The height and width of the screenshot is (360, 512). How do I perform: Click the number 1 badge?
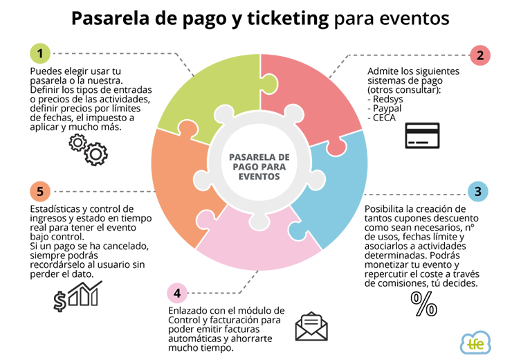40,53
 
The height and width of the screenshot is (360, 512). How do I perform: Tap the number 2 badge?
480,56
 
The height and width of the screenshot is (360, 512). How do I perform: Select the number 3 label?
477,192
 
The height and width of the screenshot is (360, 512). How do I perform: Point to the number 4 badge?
177,294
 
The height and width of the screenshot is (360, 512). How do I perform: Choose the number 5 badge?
39,192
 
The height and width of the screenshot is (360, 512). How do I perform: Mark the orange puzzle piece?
180,187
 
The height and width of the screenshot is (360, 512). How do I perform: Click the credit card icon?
422,135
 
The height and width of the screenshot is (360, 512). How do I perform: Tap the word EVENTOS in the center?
259,177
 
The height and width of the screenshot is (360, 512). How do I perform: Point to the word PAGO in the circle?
240,167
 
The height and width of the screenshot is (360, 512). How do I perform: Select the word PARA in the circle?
273,167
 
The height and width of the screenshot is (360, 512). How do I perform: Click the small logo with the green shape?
475,343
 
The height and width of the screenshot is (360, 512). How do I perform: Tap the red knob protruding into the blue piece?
336,147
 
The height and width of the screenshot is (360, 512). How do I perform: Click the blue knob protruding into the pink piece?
297,231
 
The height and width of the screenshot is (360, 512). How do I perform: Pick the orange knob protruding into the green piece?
187,128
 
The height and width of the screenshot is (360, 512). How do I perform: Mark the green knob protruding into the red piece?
270,84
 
